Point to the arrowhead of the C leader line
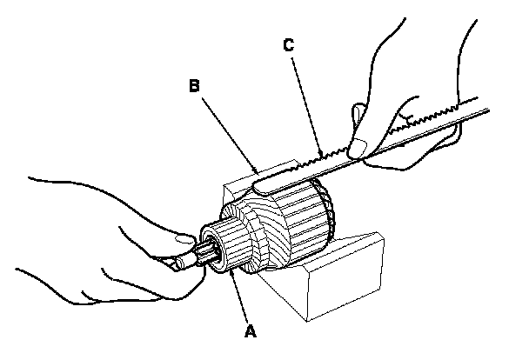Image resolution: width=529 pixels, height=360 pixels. pos(325,157)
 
